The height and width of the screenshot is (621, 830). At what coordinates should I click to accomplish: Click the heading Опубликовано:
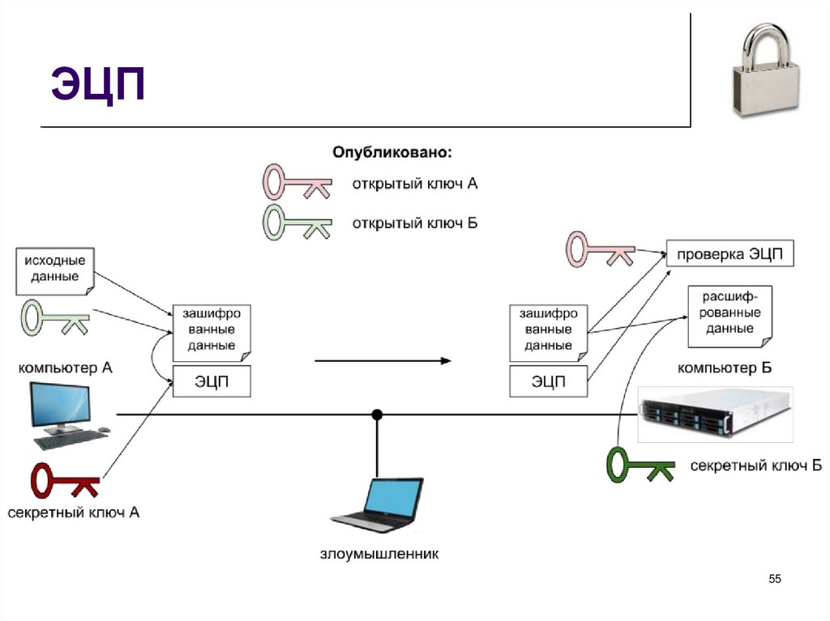pyautogui.click(x=392, y=152)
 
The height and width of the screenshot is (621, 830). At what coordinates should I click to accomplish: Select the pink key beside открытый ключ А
pyautogui.click(x=296, y=183)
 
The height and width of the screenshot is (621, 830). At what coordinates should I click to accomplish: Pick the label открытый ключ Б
pyautogui.click(x=414, y=223)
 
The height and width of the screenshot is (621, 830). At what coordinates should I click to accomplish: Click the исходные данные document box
pyautogui.click(x=55, y=269)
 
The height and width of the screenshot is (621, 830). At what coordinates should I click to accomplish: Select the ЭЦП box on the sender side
pyautogui.click(x=212, y=381)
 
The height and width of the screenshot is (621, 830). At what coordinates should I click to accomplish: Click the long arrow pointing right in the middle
pyautogui.click(x=382, y=360)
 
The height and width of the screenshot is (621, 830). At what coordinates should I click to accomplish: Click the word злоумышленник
pyautogui.click(x=379, y=555)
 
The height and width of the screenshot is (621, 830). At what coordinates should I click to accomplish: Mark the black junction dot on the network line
pyautogui.click(x=377, y=415)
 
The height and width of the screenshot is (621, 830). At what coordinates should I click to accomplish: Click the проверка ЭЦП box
pyautogui.click(x=730, y=254)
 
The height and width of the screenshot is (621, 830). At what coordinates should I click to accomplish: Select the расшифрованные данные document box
pyautogui.click(x=729, y=313)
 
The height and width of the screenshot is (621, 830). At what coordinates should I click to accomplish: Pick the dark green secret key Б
pyautogui.click(x=640, y=464)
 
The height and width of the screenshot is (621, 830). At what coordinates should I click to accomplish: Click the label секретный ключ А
pyautogui.click(x=74, y=513)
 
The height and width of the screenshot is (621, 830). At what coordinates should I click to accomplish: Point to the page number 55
pyautogui.click(x=775, y=578)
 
